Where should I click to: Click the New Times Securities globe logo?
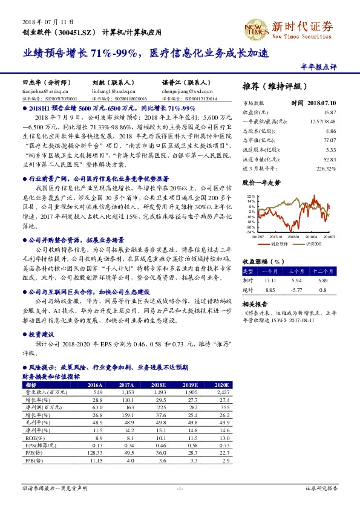(x=253, y=27)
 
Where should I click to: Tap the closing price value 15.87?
(x=330, y=112)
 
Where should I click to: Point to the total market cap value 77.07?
(x=330, y=139)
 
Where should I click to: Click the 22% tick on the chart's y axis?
(x=250, y=196)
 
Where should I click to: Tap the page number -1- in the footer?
(x=179, y=488)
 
